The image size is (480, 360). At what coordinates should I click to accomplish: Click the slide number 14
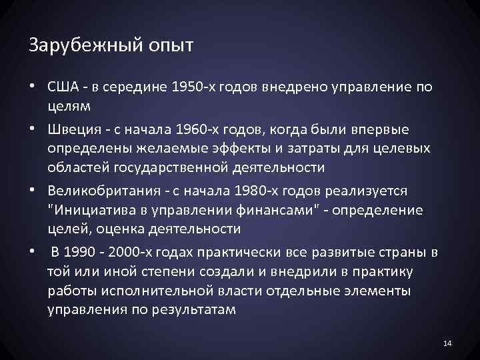(447, 343)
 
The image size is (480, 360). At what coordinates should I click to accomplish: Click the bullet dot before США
(34, 87)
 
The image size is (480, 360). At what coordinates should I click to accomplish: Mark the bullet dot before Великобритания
(34, 191)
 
